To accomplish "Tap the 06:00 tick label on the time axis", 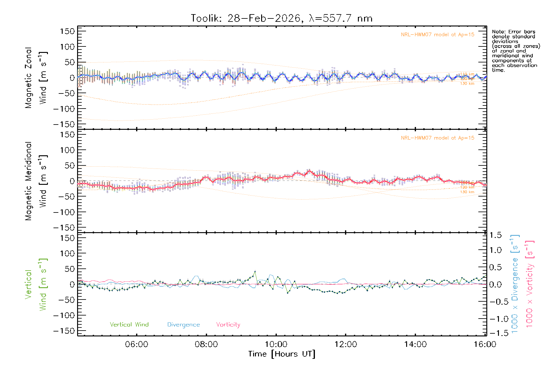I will coord(136,344).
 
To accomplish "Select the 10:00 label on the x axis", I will coord(276,344).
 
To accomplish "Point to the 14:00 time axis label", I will coord(415,344).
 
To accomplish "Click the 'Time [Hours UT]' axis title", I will coord(282,354).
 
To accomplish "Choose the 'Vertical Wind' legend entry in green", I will coord(129,324).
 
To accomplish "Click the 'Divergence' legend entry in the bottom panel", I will coord(183,324).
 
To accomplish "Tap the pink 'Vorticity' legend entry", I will coord(228,324).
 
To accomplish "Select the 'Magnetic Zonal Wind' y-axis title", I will coord(36,77).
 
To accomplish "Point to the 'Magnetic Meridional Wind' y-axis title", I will coord(36,181).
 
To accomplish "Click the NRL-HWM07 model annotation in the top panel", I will coord(437,34).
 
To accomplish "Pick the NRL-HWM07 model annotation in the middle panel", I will coord(437,138).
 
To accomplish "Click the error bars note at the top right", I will coord(516,51).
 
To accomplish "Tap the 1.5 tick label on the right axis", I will coord(496,235).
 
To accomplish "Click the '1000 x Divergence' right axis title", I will coord(515,284).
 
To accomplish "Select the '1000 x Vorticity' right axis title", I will coord(529,284).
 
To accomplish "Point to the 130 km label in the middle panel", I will coord(467,192).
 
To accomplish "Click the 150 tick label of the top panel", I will coord(67,31).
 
